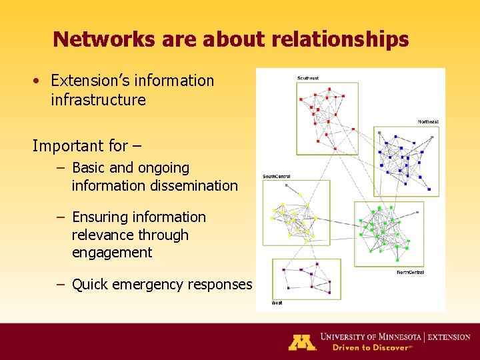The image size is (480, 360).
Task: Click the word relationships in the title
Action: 340,40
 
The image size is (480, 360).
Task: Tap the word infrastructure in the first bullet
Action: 98,100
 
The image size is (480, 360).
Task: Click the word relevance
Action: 97,235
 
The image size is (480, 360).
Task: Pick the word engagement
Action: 112,252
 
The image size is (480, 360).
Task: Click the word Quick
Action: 90,285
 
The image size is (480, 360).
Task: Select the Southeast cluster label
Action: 308,79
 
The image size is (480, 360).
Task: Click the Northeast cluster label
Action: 428,122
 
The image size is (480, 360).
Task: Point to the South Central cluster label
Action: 276,177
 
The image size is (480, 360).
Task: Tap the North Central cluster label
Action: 410,272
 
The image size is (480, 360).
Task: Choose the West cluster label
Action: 277,303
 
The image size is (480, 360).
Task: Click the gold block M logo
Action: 301,341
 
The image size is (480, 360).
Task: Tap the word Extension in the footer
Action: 449,337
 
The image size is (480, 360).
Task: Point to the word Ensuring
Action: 98,217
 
